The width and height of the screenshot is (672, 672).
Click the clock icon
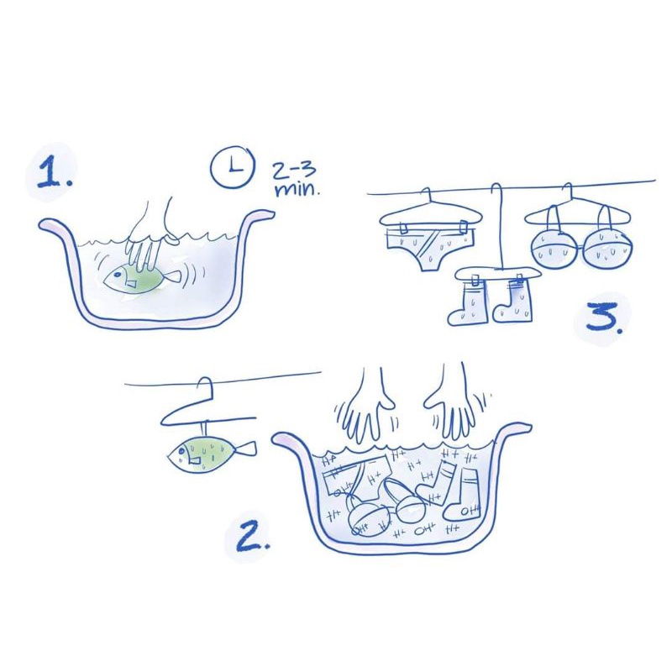point(233,166)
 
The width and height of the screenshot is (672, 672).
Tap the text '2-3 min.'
point(296,180)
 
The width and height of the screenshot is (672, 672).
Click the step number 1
point(55,172)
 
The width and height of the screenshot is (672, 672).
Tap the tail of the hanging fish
point(246,449)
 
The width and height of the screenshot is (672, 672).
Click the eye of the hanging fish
point(182,450)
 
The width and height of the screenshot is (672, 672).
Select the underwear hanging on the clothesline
point(430,249)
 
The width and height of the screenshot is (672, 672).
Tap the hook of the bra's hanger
point(568,192)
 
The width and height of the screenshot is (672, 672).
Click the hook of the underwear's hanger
point(426,195)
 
